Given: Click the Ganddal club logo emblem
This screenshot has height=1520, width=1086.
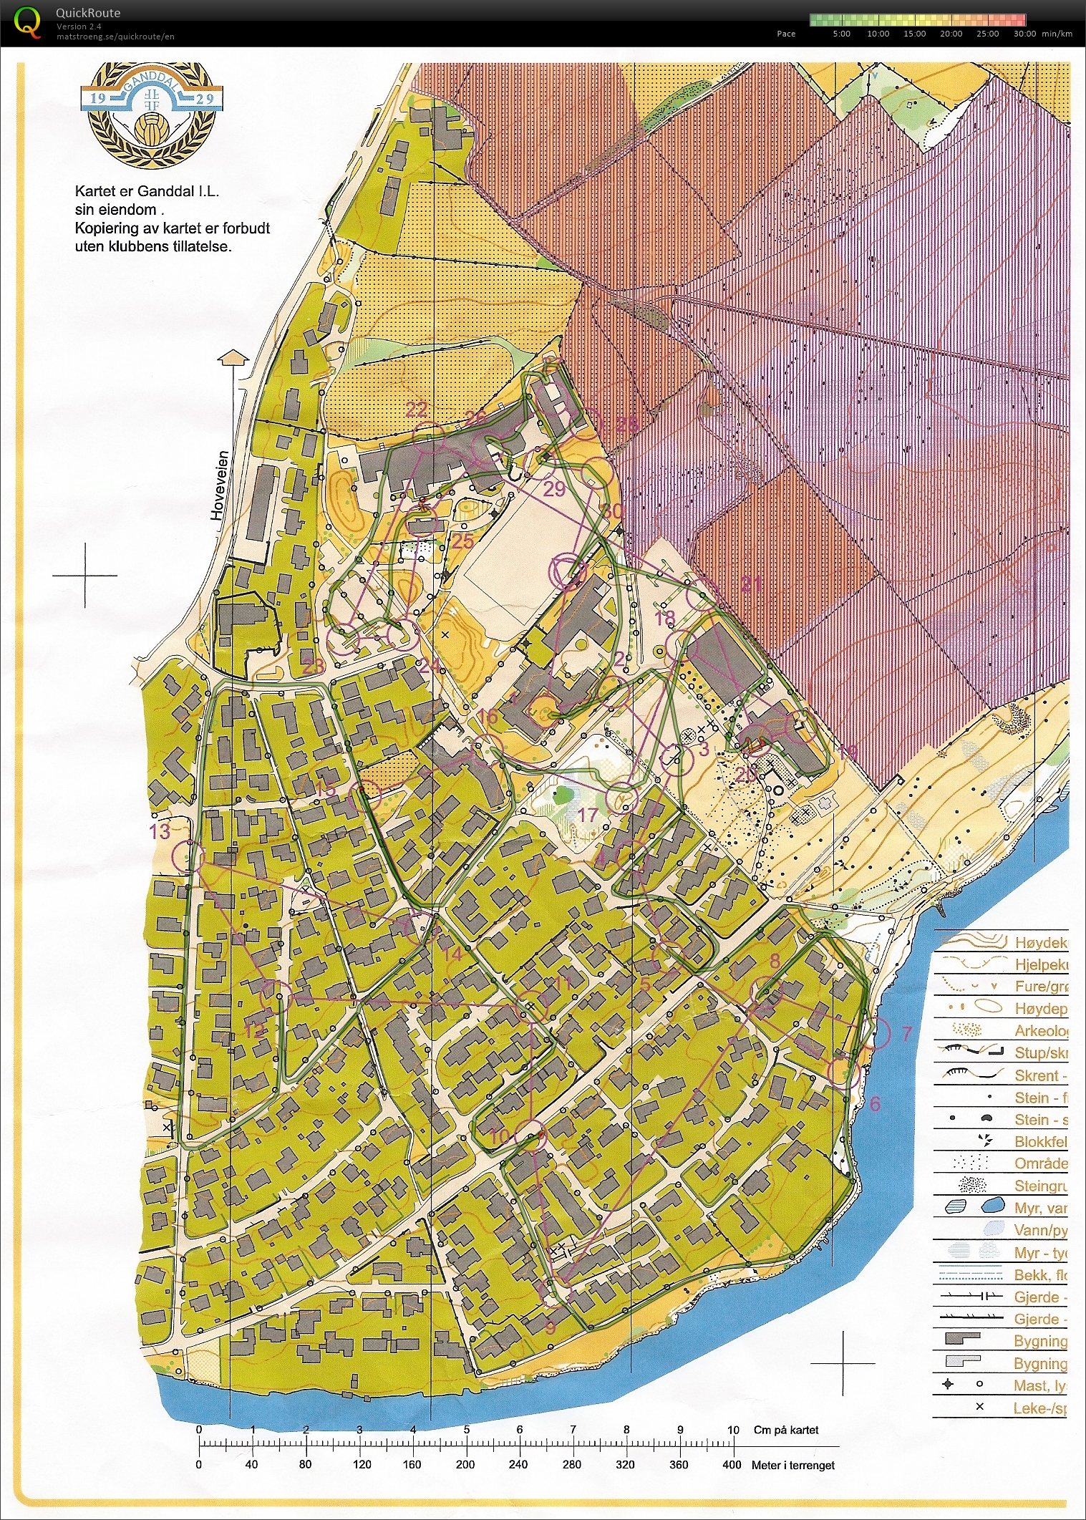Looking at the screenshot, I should (152, 115).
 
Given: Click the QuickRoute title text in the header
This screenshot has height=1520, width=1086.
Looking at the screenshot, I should (87, 13).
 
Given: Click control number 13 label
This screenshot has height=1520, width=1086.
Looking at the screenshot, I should (160, 831).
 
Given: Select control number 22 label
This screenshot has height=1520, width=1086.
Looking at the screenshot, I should (416, 410).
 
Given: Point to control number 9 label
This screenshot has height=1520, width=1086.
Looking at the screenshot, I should (550, 1328).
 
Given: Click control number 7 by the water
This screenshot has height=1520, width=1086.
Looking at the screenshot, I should (906, 1033).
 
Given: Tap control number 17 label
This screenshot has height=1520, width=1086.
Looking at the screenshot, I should (587, 815).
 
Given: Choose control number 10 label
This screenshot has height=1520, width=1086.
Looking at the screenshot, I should (500, 1136).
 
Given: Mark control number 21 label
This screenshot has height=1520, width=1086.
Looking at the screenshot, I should (750, 585).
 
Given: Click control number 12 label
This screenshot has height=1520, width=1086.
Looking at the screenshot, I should (254, 1032).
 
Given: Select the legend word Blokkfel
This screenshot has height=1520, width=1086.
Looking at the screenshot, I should (1040, 1141).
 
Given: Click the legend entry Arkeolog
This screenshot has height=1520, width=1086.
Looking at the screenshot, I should (1040, 1030).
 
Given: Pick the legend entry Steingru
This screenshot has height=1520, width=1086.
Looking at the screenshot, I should (1040, 1186).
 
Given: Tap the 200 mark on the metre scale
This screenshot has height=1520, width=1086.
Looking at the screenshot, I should (465, 1464).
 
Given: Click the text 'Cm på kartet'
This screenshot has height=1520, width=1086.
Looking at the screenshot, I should (785, 1430).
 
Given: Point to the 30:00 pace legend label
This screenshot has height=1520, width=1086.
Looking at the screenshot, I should (1024, 34).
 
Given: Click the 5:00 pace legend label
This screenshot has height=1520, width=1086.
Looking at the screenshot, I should (841, 34).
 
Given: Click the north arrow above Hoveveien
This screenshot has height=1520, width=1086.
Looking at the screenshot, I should (233, 358).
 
